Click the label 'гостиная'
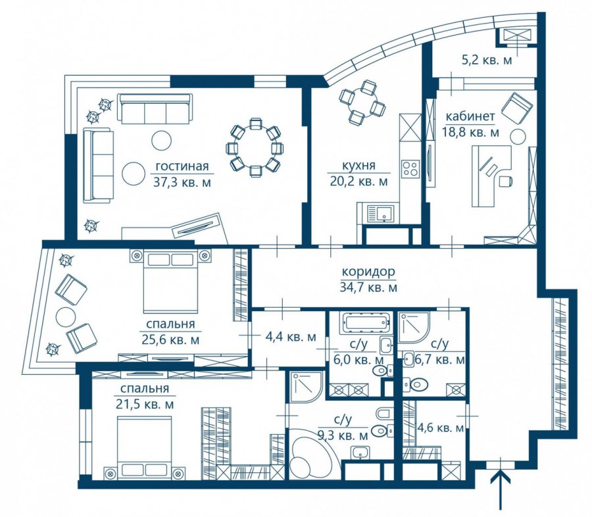tap(182, 166)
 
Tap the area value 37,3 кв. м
tap(182, 182)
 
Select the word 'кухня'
tap(358, 165)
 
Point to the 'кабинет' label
tap(470, 116)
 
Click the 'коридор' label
tap(368, 271)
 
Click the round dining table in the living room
tap(256, 147)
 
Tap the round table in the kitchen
tap(362, 103)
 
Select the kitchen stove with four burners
tap(410, 168)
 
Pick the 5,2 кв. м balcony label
tap(487, 60)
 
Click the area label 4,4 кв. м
tap(291, 337)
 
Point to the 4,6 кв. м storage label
tap(440, 428)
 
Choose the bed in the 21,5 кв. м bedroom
tap(145, 446)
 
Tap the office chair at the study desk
tap(505, 181)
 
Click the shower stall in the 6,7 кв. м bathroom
tap(414, 328)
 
